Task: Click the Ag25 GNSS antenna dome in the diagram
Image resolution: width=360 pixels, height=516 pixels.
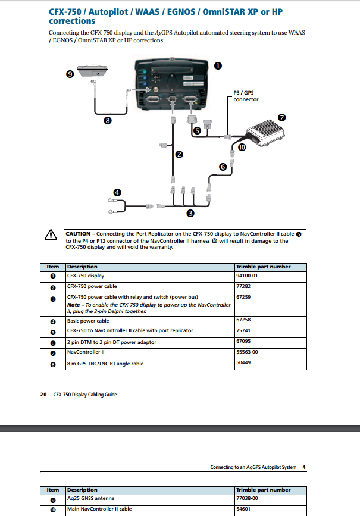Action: pyautogui.click(x=94, y=70)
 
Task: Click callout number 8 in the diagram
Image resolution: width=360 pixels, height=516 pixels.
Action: pyautogui.click(x=108, y=120)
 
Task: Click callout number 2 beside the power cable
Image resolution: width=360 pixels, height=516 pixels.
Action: pyautogui.click(x=178, y=155)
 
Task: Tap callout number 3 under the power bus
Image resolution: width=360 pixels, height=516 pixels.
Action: pyautogui.click(x=190, y=212)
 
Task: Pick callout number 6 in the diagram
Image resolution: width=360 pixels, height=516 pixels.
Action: pyautogui.click(x=223, y=168)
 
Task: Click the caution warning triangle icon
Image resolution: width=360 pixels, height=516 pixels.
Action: pyautogui.click(x=51, y=236)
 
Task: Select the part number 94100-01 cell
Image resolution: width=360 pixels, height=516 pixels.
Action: pyautogui.click(x=247, y=276)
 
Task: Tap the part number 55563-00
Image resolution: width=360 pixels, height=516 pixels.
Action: pyautogui.click(x=247, y=352)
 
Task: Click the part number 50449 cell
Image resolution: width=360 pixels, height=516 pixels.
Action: pyautogui.click(x=243, y=363)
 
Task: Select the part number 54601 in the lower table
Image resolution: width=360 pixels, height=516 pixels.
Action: pyautogui.click(x=243, y=509)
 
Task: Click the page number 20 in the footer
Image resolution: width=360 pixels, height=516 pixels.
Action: pyautogui.click(x=43, y=394)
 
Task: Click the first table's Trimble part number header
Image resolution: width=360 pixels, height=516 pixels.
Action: pyautogui.click(x=263, y=267)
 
